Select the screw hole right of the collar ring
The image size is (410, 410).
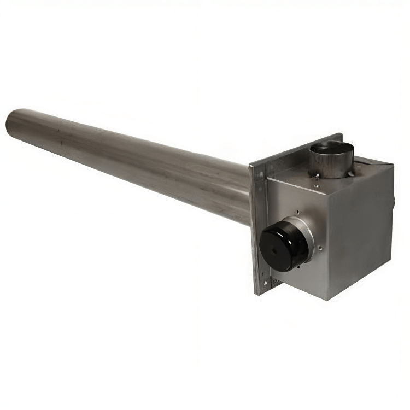coord(319,249)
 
